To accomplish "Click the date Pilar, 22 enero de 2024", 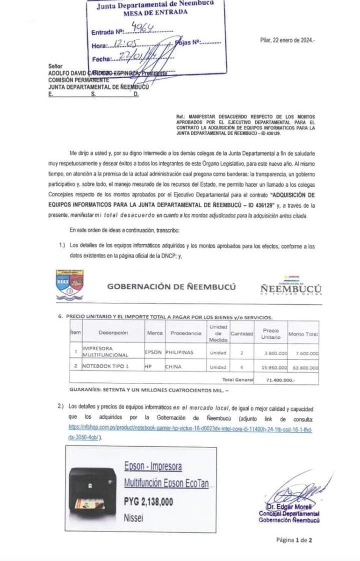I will [287, 41].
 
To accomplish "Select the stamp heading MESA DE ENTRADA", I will [155, 12].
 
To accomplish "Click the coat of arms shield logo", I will [69, 285].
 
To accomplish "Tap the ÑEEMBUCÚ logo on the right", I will [291, 287].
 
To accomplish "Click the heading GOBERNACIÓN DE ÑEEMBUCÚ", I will [172, 287].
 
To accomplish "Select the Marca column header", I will [154, 333].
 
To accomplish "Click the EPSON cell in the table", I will [153, 352].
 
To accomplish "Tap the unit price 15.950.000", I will [276, 367].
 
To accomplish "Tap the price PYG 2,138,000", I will [148, 502].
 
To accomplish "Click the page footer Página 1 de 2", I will [294, 539].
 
